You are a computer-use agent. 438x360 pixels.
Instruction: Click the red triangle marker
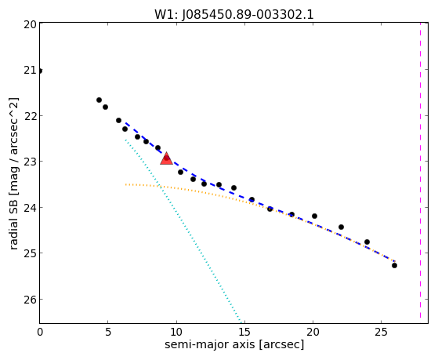click(x=166, y=158)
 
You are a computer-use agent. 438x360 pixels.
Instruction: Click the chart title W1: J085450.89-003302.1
click(x=233, y=15)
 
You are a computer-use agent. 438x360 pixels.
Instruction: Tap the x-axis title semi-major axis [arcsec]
click(x=234, y=344)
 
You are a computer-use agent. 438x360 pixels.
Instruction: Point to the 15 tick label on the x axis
click(x=244, y=333)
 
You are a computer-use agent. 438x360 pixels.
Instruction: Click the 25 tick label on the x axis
click(x=382, y=333)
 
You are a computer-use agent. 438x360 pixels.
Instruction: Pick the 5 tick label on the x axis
click(x=108, y=333)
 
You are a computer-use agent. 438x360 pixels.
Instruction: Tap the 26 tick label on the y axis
click(x=31, y=300)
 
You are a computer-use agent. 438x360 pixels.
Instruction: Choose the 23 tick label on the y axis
click(x=31, y=162)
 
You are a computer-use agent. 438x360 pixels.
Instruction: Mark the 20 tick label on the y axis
click(x=31, y=24)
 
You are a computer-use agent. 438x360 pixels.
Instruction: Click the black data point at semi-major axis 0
click(x=40, y=71)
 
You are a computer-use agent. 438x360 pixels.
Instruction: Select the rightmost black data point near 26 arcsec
click(x=394, y=265)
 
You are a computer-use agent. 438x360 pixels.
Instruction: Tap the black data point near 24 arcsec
click(x=367, y=242)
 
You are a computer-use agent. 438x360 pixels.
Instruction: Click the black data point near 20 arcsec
click(x=314, y=216)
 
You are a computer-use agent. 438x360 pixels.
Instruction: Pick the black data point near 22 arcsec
click(x=341, y=227)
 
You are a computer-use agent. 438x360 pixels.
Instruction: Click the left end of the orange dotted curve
click(x=125, y=184)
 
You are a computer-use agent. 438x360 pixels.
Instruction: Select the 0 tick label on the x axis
click(x=40, y=333)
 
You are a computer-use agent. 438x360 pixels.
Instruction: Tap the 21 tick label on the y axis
click(x=31, y=70)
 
